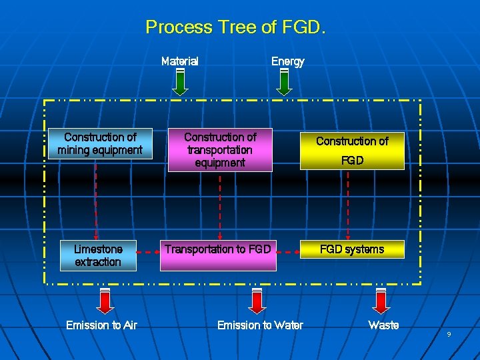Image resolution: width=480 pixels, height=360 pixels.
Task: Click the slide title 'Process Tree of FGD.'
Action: pos(235,27)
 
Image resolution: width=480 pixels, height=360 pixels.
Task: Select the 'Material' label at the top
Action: pos(180,61)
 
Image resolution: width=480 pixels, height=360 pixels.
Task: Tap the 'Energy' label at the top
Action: pos(287,61)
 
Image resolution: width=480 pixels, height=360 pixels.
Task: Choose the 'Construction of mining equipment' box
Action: pos(100,143)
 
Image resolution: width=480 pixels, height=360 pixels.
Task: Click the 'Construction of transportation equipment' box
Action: pos(220,150)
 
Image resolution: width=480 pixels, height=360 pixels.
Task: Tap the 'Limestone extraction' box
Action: pos(98,255)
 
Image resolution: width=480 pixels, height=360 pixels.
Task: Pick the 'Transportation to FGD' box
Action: pos(218,255)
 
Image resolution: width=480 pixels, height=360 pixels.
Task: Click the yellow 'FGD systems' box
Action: pos(352,249)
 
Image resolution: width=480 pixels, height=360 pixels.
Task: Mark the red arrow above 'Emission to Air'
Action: pos(105,301)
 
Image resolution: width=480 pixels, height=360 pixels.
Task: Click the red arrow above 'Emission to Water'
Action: pos(256,301)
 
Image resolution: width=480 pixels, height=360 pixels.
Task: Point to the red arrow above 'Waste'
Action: pos(381,301)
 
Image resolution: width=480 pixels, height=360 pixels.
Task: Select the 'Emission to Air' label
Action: pos(101,325)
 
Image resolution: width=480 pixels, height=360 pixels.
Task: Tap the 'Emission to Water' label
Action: pos(260,325)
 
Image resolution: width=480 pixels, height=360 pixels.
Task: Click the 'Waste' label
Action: pos(383,325)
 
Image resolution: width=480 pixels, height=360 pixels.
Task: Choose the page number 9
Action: pos(449,334)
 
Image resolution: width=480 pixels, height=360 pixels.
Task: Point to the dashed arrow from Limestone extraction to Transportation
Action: pos(150,253)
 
